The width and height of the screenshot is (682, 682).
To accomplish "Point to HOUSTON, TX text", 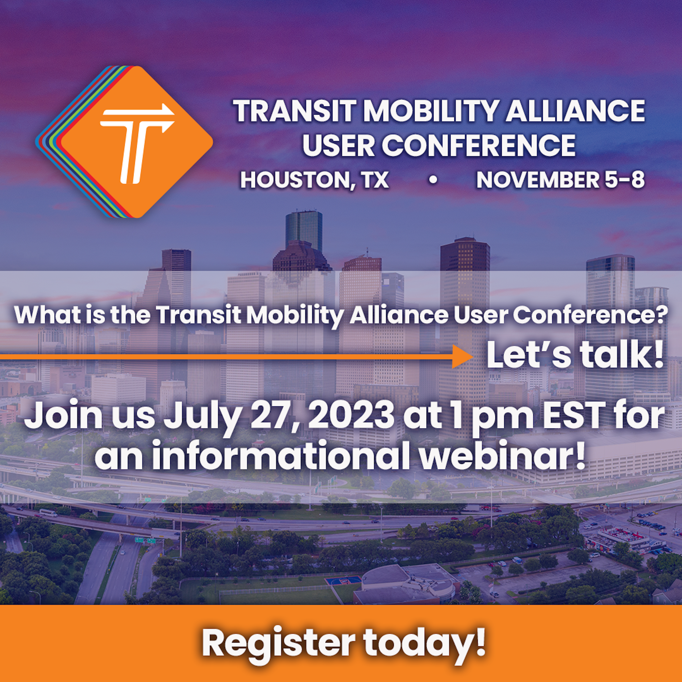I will point(314,180).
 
